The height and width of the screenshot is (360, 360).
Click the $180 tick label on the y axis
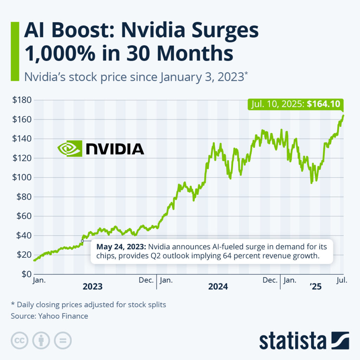click(22, 100)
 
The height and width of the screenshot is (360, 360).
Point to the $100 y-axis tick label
click(22, 178)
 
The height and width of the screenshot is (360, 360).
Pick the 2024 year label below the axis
click(218, 287)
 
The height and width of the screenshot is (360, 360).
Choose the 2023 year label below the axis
click(93, 287)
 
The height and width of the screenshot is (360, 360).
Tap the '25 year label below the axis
click(315, 287)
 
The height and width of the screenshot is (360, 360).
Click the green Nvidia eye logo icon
click(69, 149)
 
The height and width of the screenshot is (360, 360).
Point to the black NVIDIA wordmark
click(115, 149)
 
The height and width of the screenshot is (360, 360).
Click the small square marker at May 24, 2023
click(82, 241)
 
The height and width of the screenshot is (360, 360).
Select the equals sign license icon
click(63, 340)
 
